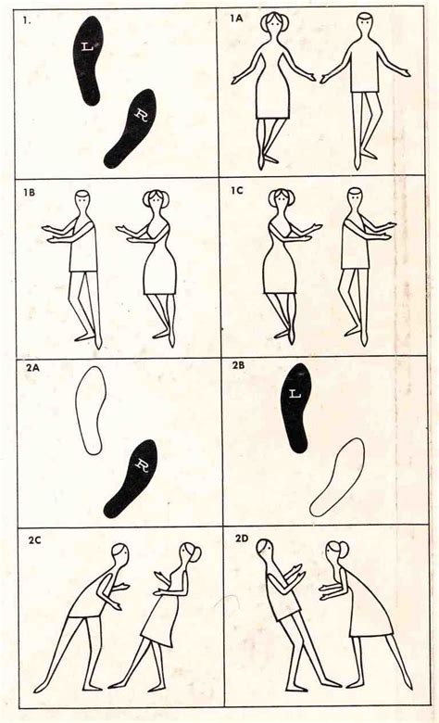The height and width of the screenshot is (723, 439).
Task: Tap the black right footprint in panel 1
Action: pyautogui.click(x=132, y=128)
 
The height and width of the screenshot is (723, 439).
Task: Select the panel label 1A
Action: pyautogui.click(x=239, y=18)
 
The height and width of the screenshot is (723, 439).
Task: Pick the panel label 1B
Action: pyautogui.click(x=30, y=192)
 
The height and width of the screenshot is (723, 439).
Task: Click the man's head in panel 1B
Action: pyautogui.click(x=82, y=200)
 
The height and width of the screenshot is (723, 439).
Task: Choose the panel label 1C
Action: pyautogui.click(x=239, y=190)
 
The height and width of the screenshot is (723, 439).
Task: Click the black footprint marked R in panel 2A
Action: pyautogui.click(x=132, y=478)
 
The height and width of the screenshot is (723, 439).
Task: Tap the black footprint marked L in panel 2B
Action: pyautogui.click(x=296, y=406)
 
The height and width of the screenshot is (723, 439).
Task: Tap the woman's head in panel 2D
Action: pyautogui.click(x=333, y=554)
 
